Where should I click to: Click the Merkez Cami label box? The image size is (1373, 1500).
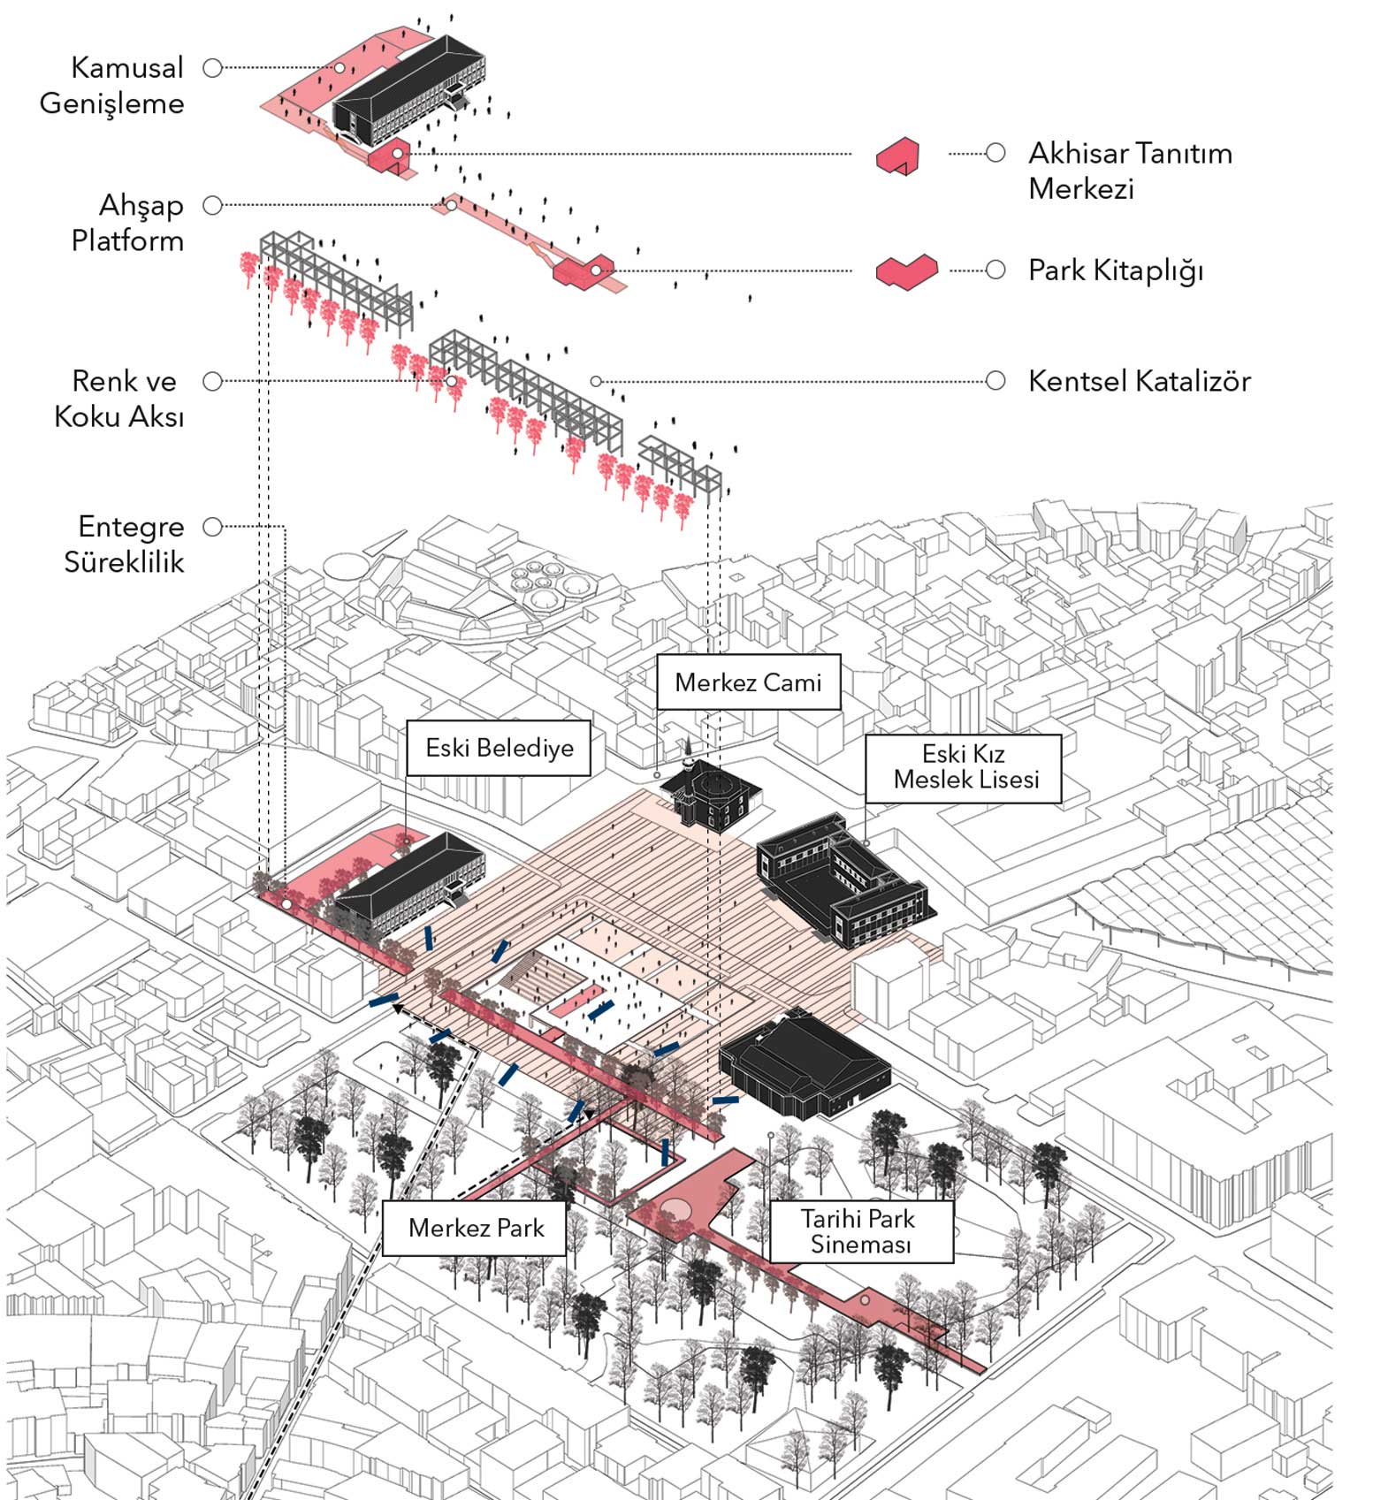click(x=748, y=681)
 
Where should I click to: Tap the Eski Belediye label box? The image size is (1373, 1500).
click(x=499, y=748)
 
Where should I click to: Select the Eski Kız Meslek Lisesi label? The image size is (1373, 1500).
click(x=964, y=767)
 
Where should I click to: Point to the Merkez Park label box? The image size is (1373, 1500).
click(x=475, y=1228)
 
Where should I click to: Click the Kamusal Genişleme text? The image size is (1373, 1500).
click(x=112, y=85)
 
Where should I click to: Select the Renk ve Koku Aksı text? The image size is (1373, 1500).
click(x=120, y=399)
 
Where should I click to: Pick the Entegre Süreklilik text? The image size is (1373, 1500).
click(x=125, y=544)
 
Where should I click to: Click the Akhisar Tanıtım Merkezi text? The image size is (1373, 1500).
click(x=1131, y=171)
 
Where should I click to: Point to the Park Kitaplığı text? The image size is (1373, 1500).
click(x=1116, y=270)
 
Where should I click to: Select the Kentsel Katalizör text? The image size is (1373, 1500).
click(x=1140, y=381)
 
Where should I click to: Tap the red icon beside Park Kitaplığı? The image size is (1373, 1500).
click(x=907, y=270)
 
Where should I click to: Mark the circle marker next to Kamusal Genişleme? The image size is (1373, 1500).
click(x=212, y=68)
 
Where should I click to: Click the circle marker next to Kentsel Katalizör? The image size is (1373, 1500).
click(x=995, y=381)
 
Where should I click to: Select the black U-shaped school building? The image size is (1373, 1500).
click(x=840, y=879)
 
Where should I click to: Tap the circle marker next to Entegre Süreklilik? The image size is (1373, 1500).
click(x=212, y=527)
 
